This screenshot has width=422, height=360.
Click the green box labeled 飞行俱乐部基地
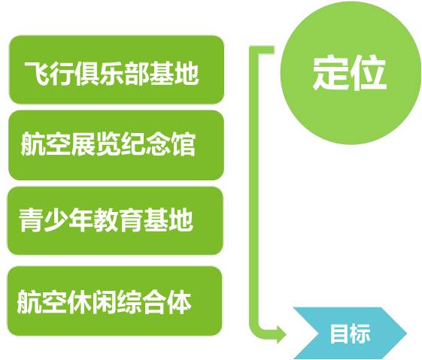(x=117, y=70)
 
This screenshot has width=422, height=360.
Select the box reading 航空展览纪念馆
(x=117, y=145)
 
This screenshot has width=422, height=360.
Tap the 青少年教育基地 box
(x=115, y=221)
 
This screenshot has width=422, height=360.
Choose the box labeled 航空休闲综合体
(x=114, y=301)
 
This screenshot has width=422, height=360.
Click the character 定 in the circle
(x=330, y=73)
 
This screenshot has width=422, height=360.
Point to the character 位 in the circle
(x=369, y=73)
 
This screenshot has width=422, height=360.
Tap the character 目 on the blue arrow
(x=339, y=334)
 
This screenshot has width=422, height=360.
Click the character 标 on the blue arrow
(x=360, y=334)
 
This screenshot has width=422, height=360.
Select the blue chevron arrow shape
(x=350, y=333)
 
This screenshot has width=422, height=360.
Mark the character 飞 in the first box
(x=37, y=74)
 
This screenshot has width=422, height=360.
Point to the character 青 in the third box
(x=32, y=220)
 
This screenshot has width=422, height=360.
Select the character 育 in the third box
(x=131, y=220)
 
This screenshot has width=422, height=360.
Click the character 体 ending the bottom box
(x=179, y=301)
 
